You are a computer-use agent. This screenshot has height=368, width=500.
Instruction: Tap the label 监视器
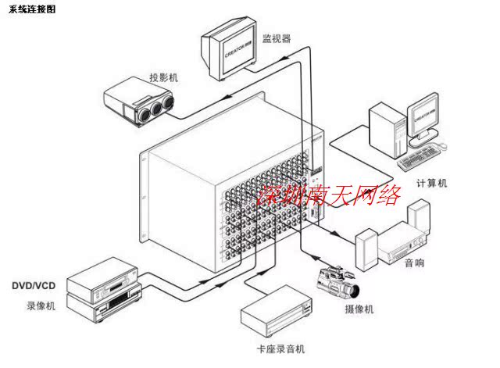point(277,37)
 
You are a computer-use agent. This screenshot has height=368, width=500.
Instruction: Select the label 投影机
point(164,77)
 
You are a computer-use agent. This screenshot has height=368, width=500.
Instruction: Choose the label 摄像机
point(359,309)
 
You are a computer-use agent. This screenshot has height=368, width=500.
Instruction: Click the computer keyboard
point(423,159)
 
